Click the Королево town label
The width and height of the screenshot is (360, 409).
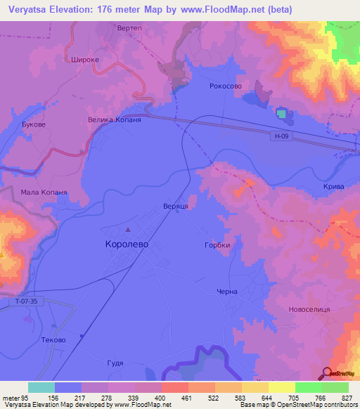coord(122,245)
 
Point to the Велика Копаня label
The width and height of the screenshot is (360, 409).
coord(114,120)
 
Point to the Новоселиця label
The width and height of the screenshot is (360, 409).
coord(309,309)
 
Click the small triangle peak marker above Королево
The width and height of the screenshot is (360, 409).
coord(128,230)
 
